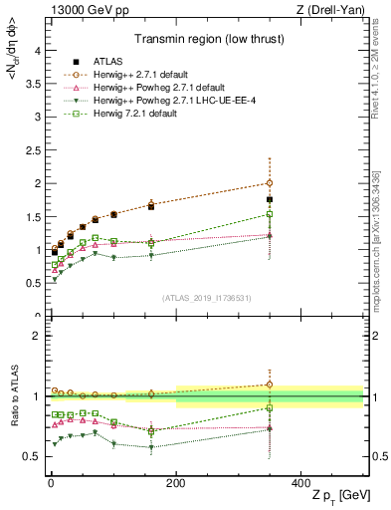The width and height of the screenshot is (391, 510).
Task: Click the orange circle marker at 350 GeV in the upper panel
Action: (x=270, y=183)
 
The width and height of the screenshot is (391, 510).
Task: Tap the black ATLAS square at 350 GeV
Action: (x=270, y=199)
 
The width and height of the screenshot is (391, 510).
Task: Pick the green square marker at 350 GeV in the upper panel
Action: (x=270, y=214)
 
